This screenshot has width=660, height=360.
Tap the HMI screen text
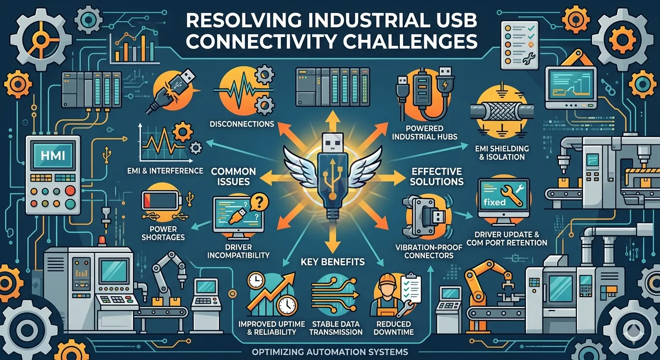(x=53, y=155)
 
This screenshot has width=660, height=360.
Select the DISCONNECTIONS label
(x=242, y=124)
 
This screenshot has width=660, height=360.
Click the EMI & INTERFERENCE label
(x=165, y=171)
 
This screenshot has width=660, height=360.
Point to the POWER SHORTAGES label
(x=163, y=233)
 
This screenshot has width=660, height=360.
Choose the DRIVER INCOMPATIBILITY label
(x=239, y=251)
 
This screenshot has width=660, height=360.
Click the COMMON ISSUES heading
(x=233, y=176)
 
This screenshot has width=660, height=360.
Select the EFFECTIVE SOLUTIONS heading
(x=437, y=176)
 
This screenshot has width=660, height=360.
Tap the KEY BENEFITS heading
(x=333, y=262)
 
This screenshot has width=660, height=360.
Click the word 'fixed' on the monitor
(x=495, y=202)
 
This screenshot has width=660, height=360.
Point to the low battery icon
(x=161, y=200)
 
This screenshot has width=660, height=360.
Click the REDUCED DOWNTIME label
(x=393, y=328)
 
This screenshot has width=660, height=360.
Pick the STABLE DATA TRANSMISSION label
(x=336, y=328)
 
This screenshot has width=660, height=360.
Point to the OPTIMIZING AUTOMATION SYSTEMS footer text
(x=330, y=352)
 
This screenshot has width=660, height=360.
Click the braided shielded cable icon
(x=502, y=112)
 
